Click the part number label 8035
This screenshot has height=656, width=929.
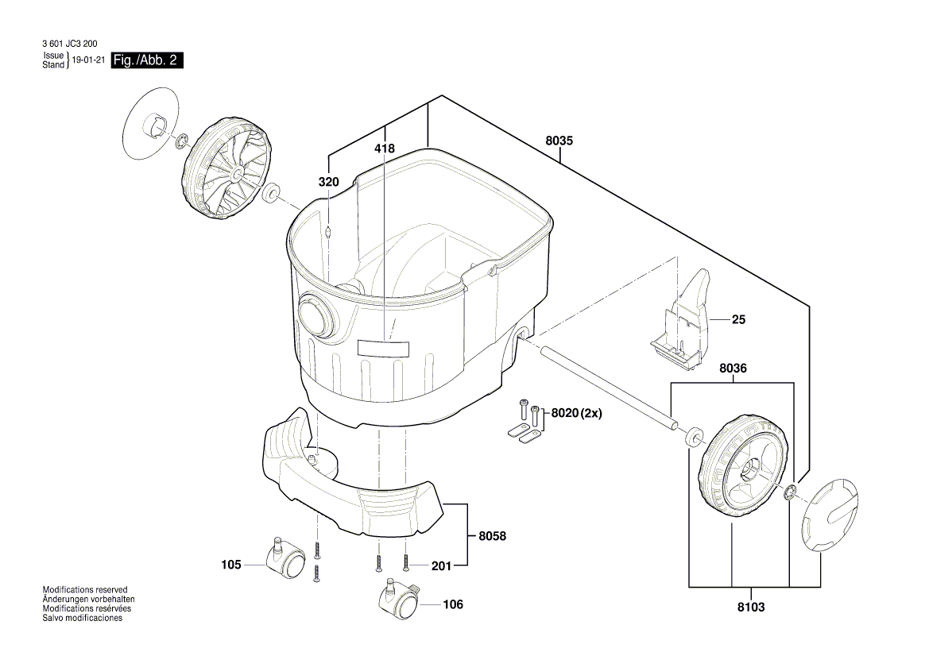pos(559,141)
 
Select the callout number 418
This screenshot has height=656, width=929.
pos(384,149)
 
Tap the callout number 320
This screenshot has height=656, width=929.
pos(329,182)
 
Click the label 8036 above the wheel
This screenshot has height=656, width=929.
pos(733,369)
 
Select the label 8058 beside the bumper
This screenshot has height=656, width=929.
pos(492,537)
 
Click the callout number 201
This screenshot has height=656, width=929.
pos(440,565)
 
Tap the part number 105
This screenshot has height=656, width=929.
pos(231,565)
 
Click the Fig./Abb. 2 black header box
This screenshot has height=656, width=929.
pos(147,60)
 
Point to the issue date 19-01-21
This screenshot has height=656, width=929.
pos(87,61)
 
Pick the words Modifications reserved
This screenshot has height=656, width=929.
pos(84,590)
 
